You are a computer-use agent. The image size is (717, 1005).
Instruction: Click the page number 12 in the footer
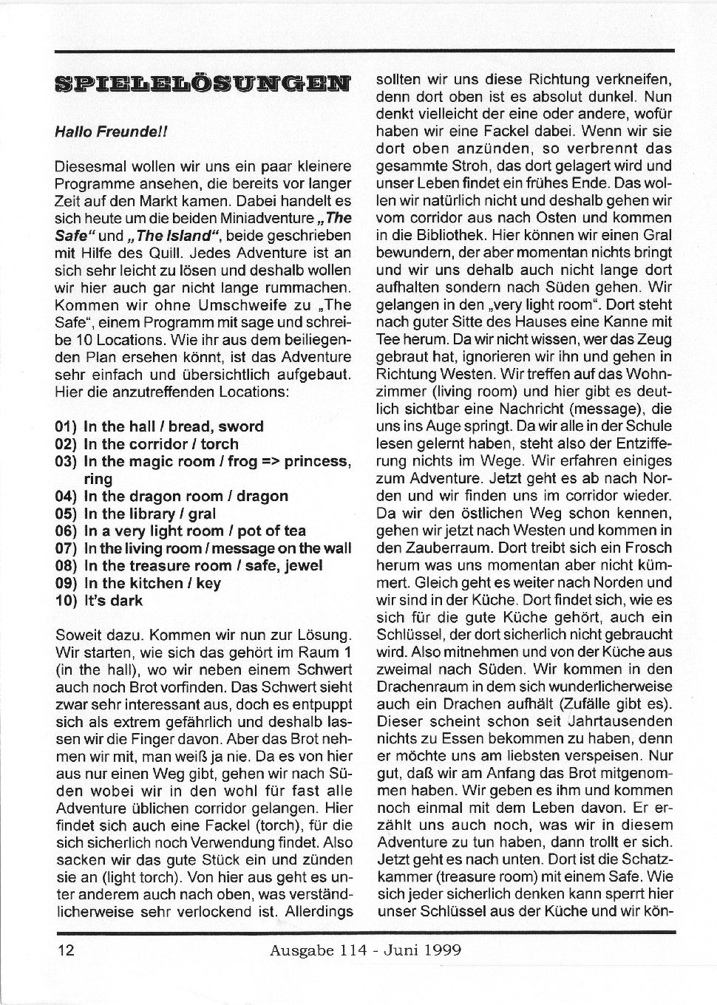(65, 950)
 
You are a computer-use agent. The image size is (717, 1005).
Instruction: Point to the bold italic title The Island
(174, 236)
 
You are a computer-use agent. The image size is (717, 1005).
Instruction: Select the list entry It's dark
(113, 600)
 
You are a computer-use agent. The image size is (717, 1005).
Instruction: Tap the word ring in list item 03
(98, 478)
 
